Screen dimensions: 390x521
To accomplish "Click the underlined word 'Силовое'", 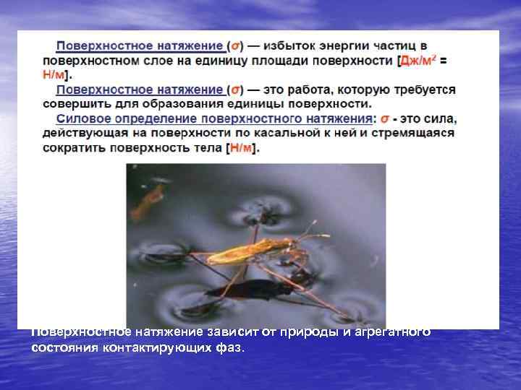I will pos(80,118).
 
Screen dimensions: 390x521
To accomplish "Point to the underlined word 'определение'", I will pos(145,118).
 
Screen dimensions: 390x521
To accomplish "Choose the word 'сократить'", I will pos(70,147).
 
